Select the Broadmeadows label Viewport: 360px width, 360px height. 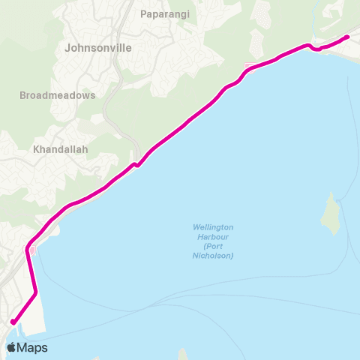click(58, 96)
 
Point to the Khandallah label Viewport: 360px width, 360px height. click(61, 149)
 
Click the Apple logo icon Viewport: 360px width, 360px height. click(11, 348)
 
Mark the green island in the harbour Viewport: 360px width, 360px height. click(329, 214)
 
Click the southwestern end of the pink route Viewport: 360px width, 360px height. click(13, 322)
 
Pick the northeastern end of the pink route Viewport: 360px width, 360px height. click(347, 36)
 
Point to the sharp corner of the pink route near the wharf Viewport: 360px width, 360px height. click(35, 292)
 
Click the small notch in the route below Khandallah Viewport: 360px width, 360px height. click(136, 165)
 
